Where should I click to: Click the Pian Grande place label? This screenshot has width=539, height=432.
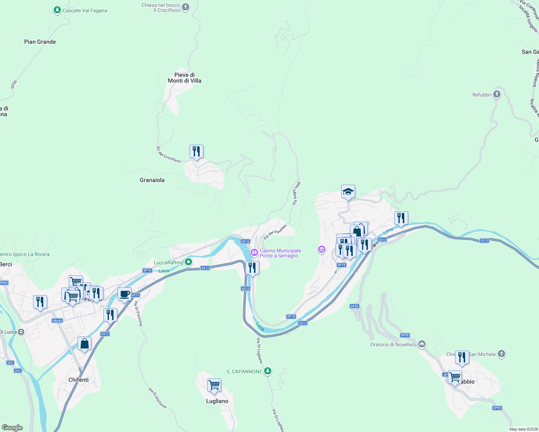[x=40, y=42]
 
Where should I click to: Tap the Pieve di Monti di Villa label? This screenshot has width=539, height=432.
[x=184, y=78]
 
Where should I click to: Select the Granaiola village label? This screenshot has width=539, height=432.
[x=152, y=180]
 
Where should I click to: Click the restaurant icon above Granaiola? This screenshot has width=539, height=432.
[x=196, y=152]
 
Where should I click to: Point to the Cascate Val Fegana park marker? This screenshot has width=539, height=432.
[x=57, y=10]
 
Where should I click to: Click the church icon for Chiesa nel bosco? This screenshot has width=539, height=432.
[x=186, y=7]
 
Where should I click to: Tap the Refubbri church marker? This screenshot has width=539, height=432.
[x=497, y=95]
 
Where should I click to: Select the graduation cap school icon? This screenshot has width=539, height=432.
[x=348, y=192]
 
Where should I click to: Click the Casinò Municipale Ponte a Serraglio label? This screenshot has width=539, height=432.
[x=280, y=253]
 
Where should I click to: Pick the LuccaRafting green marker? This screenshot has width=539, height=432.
[x=188, y=262]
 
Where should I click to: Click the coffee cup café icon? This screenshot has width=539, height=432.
[x=124, y=294]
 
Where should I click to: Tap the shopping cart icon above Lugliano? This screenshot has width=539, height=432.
[x=214, y=385]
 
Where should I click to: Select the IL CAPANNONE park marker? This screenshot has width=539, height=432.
[x=267, y=371]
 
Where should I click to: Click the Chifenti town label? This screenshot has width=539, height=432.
[x=79, y=380]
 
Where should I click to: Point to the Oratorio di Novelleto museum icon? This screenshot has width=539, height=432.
[x=422, y=345]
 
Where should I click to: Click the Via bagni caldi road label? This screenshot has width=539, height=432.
[x=296, y=194]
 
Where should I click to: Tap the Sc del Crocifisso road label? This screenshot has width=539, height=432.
[x=169, y=154]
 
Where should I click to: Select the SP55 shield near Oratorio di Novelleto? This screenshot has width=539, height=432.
[x=405, y=335]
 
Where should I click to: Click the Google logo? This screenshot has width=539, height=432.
[x=12, y=427]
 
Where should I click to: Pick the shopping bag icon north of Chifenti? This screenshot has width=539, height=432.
[x=84, y=344]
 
